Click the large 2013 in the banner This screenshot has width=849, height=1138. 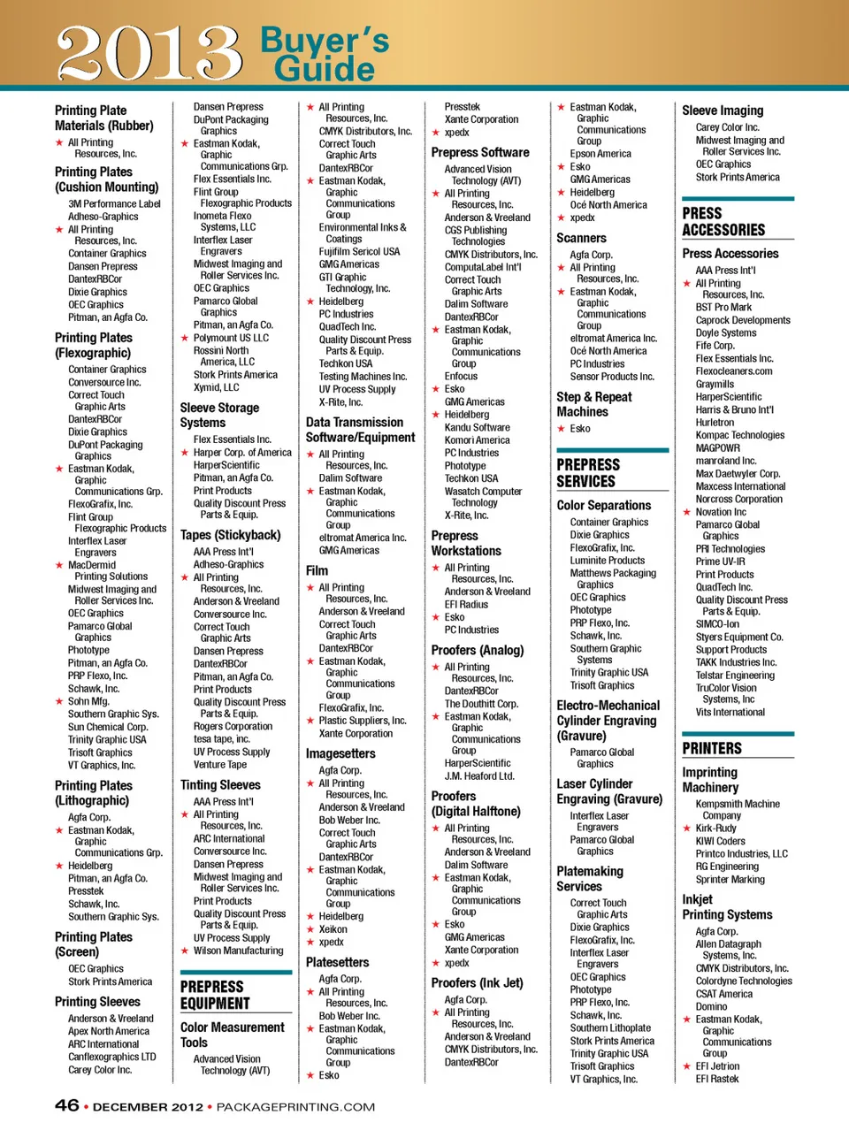tap(149, 53)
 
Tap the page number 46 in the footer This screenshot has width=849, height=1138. tap(66, 1105)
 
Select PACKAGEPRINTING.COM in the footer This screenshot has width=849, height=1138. tap(295, 1106)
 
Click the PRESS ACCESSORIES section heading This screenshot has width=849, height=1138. tap(723, 222)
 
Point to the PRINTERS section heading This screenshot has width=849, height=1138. tap(712, 748)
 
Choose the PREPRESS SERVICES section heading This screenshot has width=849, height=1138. tap(588, 473)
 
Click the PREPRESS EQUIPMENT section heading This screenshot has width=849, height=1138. tap(215, 995)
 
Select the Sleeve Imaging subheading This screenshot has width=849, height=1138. tap(722, 111)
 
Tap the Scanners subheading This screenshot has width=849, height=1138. tap(581, 238)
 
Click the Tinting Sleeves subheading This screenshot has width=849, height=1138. tap(220, 784)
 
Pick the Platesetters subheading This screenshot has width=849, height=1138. tap(337, 962)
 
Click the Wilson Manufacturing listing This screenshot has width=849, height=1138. tap(238, 951)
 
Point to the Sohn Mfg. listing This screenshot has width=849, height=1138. tap(88, 701)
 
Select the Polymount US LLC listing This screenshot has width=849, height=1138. tap(231, 338)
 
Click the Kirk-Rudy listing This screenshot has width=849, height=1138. tap(715, 829)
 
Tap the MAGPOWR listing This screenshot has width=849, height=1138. tap(717, 448)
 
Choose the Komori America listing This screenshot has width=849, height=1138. tap(477, 440)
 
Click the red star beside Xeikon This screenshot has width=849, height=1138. tap(310, 929)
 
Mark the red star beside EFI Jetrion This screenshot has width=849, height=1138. tap(686, 1066)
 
